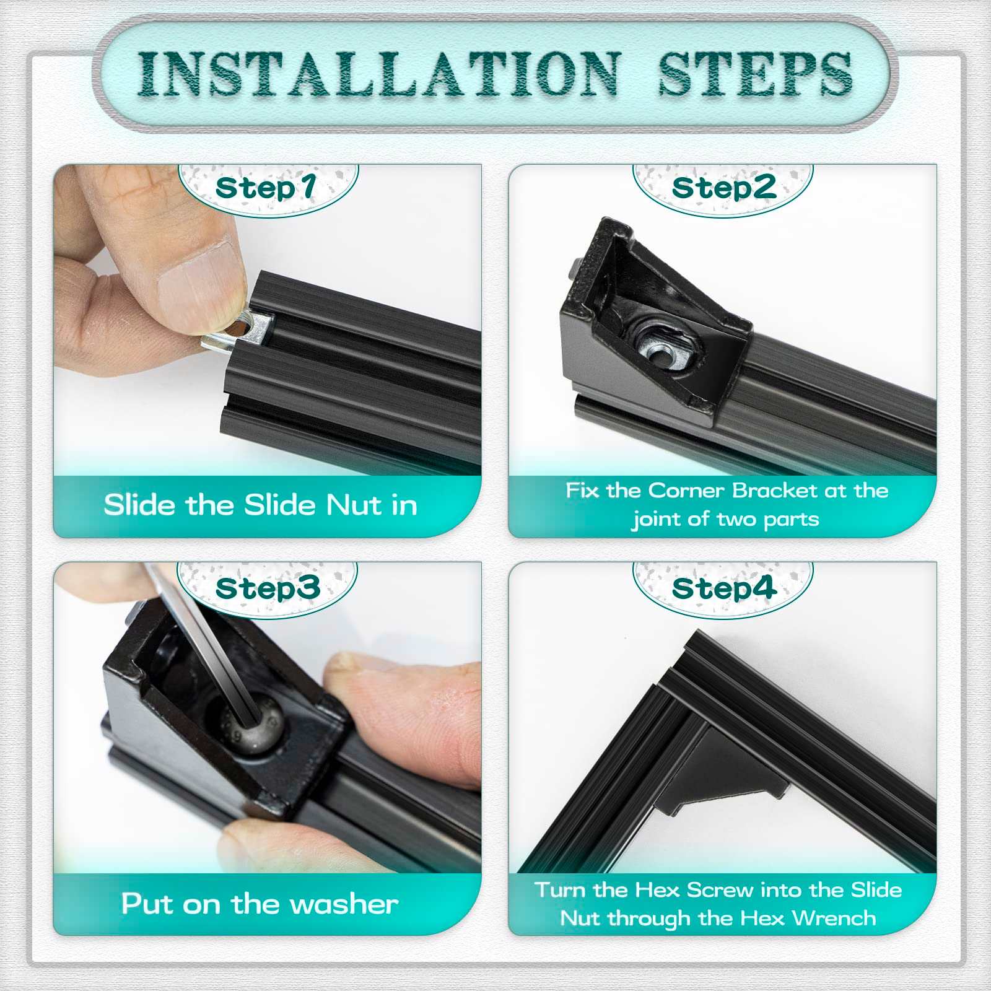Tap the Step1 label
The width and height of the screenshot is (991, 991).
pos(266,188)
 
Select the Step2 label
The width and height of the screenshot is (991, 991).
pos(723,188)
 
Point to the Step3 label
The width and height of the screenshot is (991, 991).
pos(268,588)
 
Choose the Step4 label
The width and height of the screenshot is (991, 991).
pos(723,588)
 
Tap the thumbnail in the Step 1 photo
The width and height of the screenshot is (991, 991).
pos(197,276)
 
